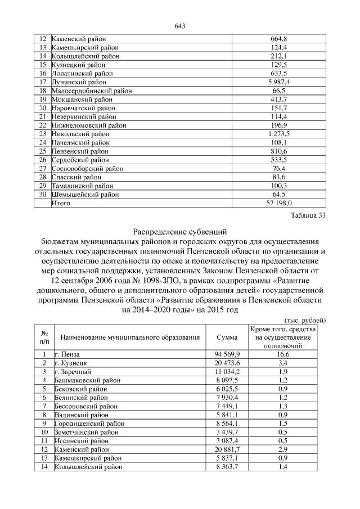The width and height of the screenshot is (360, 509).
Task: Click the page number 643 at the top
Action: coord(180,26)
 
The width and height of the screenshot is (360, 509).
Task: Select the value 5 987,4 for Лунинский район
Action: coord(278,82)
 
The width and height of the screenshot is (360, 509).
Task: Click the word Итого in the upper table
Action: coord(61,203)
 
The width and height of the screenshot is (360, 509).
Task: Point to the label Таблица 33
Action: coord(308,215)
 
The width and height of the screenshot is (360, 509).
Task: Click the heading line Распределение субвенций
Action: coord(179,231)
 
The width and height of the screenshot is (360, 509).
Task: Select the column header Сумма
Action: coord(227,337)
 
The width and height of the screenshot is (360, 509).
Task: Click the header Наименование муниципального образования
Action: coord(130,337)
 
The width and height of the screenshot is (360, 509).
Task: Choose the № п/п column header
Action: coord(44,337)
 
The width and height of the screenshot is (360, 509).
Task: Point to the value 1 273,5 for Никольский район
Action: coord(278,134)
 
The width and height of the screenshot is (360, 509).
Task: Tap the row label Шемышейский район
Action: coord(85,195)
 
